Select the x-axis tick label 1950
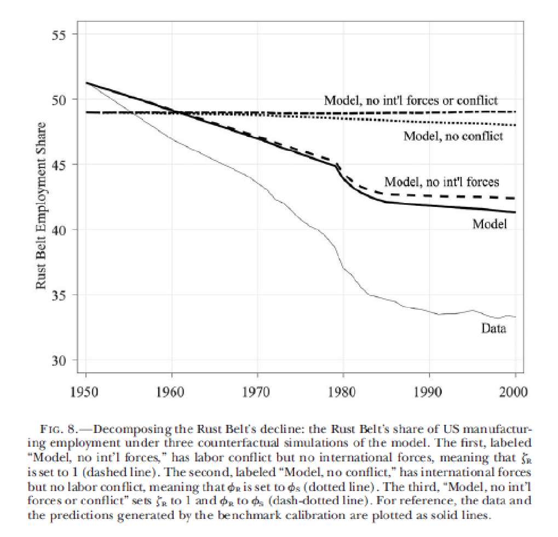pyautogui.click(x=86, y=392)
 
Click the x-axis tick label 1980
pyautogui.click(x=343, y=392)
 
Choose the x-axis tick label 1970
pyautogui.click(x=257, y=392)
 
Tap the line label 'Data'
pyautogui.click(x=493, y=328)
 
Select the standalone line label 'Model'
pyautogui.click(x=490, y=224)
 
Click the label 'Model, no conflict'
pyautogui.click(x=453, y=136)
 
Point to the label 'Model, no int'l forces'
pyautogui.click(x=442, y=181)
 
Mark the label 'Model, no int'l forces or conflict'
pyautogui.click(x=411, y=100)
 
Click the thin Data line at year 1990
pyautogui.click(x=429, y=311)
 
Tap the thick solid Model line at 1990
pyautogui.click(x=429, y=206)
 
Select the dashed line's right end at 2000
pyautogui.click(x=515, y=198)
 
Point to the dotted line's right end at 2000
pyautogui.click(x=515, y=125)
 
